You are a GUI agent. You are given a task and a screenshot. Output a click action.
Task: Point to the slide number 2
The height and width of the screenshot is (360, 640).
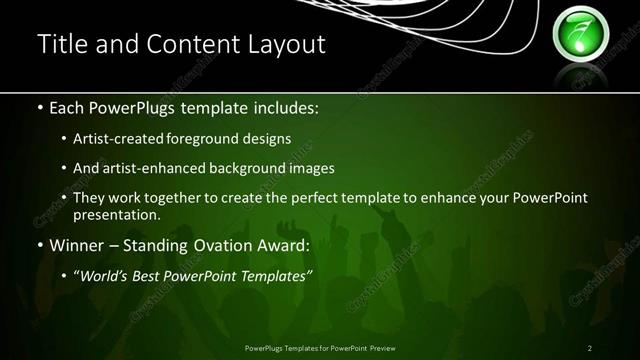(590, 347)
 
